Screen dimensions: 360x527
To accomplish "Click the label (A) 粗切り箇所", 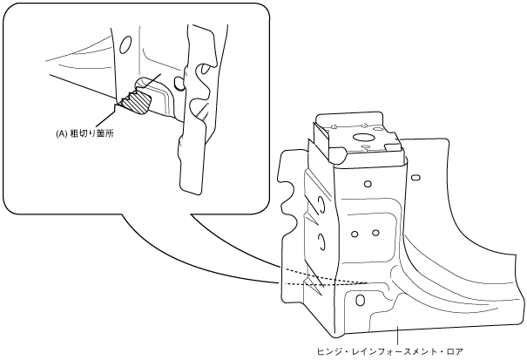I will [x=91, y=134].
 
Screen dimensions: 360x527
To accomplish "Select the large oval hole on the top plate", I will [x=361, y=138].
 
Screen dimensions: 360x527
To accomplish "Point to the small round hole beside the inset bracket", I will [x=179, y=84].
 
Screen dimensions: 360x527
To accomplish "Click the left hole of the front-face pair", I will [x=355, y=232].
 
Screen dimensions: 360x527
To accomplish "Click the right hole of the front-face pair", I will [x=375, y=232].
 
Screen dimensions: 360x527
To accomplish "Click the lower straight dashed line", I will [x=322, y=284].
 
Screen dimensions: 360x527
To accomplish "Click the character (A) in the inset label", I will [x=62, y=134].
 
